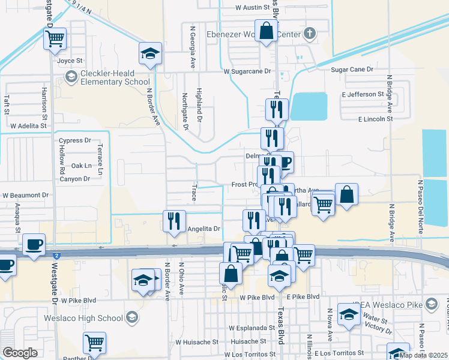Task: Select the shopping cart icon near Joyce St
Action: pyautogui.click(x=55, y=40)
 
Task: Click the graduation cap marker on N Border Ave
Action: pyautogui.click(x=151, y=55)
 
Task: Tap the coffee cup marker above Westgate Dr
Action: pyautogui.click(x=34, y=245)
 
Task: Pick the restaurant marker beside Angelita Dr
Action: pyautogui.click(x=175, y=221)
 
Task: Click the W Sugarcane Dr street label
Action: pyautogui.click(x=247, y=71)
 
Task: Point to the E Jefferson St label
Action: pyautogui.click(x=363, y=94)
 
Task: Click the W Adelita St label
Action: pyautogui.click(x=28, y=126)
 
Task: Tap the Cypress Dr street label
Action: pyautogui.click(x=74, y=140)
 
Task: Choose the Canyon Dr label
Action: pyautogui.click(x=74, y=178)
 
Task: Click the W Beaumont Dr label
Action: pyautogui.click(x=25, y=196)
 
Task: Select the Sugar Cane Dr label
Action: pyautogui.click(x=352, y=70)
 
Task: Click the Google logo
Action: pyautogui.click(x=20, y=353)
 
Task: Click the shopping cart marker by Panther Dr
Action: pyautogui.click(x=94, y=343)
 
